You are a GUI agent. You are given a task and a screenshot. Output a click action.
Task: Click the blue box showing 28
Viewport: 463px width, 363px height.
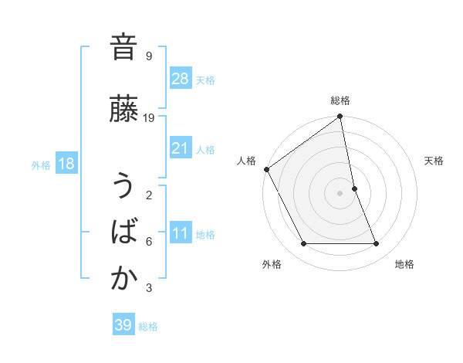[x=181, y=79]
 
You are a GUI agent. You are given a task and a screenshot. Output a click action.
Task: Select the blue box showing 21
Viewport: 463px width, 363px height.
[x=181, y=148]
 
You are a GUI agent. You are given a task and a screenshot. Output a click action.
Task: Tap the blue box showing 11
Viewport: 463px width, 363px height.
[x=181, y=233]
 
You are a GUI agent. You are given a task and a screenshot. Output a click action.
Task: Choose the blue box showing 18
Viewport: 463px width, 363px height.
[x=66, y=164]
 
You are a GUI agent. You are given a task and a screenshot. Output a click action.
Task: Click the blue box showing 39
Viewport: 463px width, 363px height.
[x=123, y=325]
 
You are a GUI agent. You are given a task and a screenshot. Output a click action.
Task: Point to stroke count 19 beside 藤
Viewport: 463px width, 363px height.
[x=149, y=118]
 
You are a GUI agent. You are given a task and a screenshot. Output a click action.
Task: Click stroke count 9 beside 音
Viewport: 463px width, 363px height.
[x=148, y=56]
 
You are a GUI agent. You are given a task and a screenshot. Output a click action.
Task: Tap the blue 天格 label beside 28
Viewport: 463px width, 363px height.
[x=205, y=80]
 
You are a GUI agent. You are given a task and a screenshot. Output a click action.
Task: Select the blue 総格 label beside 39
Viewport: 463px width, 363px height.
[x=148, y=326]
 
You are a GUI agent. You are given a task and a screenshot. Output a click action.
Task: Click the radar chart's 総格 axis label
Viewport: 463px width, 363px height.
[x=340, y=100]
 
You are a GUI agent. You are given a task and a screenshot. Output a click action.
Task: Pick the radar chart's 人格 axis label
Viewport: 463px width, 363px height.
[x=247, y=161]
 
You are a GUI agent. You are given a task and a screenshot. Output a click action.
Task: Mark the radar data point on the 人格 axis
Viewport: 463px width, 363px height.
[x=266, y=169]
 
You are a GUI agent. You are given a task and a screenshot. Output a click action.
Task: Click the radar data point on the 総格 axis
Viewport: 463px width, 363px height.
[x=340, y=117]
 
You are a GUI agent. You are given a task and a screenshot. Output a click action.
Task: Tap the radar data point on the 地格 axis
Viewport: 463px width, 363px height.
[x=377, y=244]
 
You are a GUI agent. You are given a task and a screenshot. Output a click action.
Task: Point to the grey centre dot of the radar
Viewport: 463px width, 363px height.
[x=340, y=192]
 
